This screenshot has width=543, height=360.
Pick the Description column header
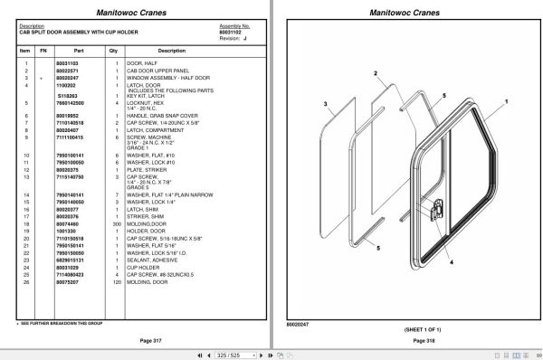click(x=147, y=52)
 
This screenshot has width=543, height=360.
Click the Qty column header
click(x=114, y=52)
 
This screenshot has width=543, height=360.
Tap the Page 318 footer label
click(x=411, y=339)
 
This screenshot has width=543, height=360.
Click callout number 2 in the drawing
click(x=374, y=72)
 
